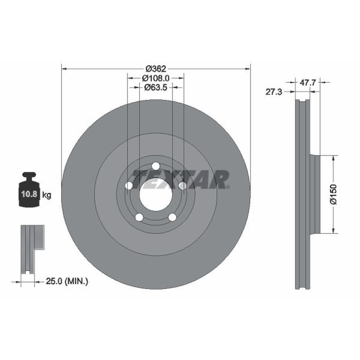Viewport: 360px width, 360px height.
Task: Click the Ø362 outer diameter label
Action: coord(156,69)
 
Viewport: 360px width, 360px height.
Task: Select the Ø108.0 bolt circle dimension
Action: coord(155,78)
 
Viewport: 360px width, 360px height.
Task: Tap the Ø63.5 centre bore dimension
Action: coord(155,87)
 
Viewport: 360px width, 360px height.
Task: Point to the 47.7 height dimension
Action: coord(308,82)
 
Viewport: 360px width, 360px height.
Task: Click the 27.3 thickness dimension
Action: coord(274,92)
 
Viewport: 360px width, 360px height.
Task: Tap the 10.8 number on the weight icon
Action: coord(29,194)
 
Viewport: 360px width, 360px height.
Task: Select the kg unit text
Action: coord(47,195)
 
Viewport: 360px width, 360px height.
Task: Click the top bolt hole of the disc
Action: coord(156,166)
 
